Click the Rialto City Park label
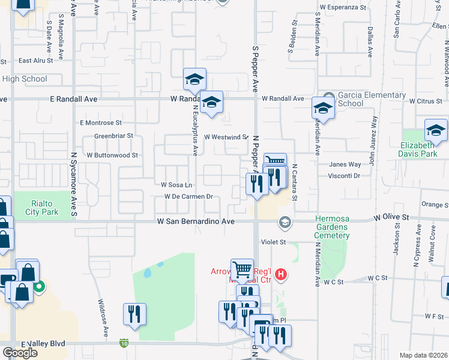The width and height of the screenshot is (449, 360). point(42,208)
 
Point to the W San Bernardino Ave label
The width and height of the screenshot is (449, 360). point(195,221)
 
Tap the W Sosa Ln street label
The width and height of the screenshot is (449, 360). point(176,184)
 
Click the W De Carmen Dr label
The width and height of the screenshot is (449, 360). point(189,196)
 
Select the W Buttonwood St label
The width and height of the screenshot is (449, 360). point(112,155)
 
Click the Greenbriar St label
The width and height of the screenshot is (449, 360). point(113,136)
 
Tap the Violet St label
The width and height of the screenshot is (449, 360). point(271,242)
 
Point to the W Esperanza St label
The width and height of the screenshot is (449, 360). point(343,7)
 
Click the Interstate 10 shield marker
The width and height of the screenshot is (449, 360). point(123,343)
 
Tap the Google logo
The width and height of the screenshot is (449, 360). point(20,353)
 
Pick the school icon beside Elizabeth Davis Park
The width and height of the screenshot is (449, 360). point(436,130)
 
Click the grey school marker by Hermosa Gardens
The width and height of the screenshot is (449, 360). point(284,223)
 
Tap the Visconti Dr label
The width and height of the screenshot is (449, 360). point(344,176)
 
